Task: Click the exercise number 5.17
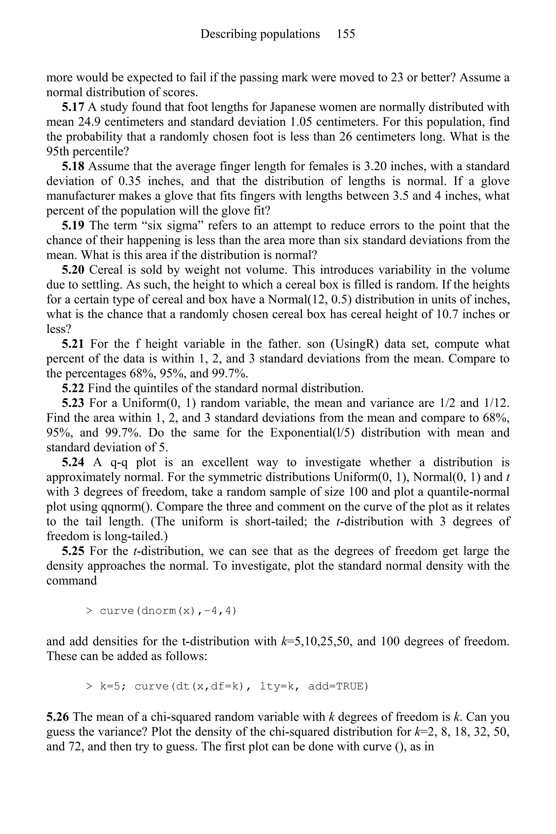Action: (x=73, y=107)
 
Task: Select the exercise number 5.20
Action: (x=73, y=270)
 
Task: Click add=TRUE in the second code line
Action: (x=338, y=687)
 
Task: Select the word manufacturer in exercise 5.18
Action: (x=82, y=196)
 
